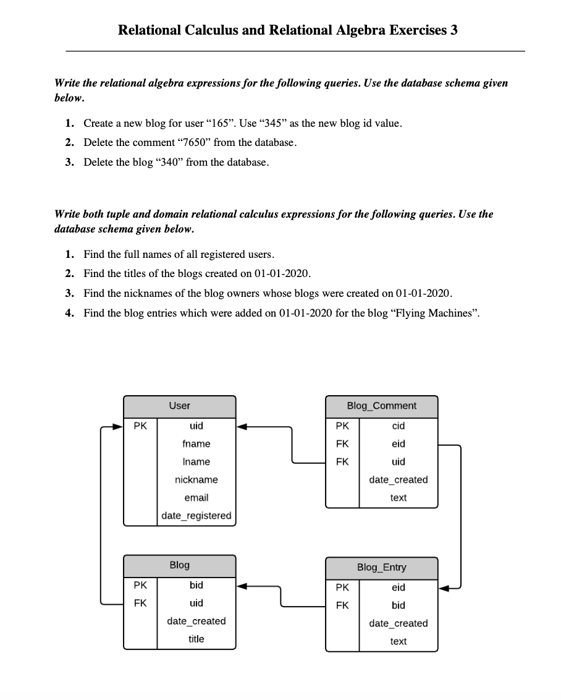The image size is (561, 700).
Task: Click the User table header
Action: pyautogui.click(x=179, y=406)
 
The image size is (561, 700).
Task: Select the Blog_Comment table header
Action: pyautogui.click(x=381, y=406)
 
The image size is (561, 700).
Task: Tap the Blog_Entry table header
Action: pyautogui.click(x=381, y=568)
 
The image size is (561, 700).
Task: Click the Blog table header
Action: pyautogui.click(x=179, y=565)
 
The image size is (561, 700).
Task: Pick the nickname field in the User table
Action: pyautogui.click(x=196, y=480)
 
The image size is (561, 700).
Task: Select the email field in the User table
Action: pyautogui.click(x=196, y=498)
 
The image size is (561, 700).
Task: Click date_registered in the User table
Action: pyautogui.click(x=196, y=516)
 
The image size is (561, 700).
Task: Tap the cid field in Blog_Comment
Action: pyautogui.click(x=399, y=426)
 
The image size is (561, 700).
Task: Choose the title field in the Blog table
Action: pyautogui.click(x=196, y=639)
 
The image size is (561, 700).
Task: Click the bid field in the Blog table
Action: pyautogui.click(x=196, y=585)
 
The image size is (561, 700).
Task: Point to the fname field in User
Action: pyautogui.click(x=196, y=444)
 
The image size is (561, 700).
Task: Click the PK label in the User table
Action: pyautogui.click(x=140, y=426)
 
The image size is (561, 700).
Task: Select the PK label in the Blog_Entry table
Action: pyautogui.click(x=342, y=587)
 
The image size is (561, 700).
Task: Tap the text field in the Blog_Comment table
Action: pyautogui.click(x=399, y=498)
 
